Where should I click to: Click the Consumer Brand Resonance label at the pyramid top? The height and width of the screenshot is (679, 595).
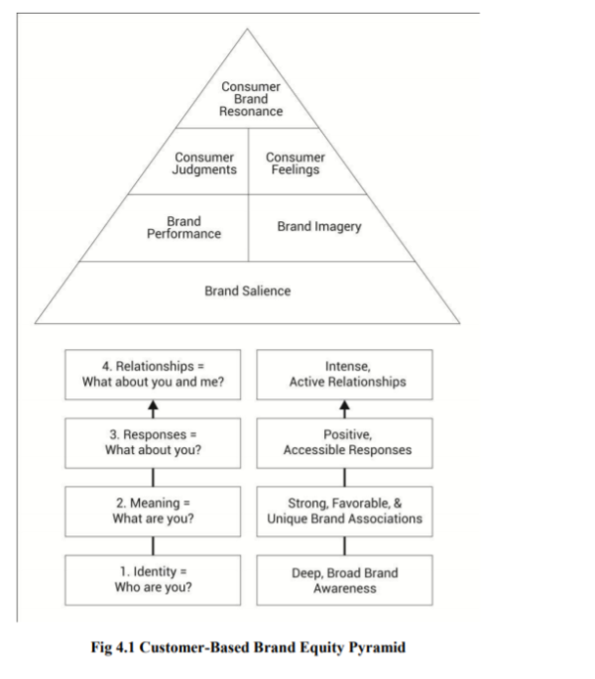[x=251, y=99]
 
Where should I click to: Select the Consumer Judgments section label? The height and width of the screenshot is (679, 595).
[x=204, y=164]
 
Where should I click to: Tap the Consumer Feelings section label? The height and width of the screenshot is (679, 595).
[x=295, y=164]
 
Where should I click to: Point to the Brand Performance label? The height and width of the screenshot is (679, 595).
[x=183, y=227]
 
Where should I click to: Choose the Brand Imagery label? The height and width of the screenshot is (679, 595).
[x=318, y=227]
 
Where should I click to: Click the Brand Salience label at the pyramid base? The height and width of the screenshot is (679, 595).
[x=248, y=290]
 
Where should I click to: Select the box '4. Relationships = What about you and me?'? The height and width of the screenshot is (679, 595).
[x=153, y=374]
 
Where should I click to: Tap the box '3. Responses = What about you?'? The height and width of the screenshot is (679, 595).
[x=153, y=442]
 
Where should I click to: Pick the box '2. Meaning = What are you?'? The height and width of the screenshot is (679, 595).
[x=153, y=509]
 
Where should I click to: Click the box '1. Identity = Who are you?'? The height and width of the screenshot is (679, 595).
[x=153, y=578]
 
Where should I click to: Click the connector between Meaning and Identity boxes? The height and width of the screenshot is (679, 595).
[x=153, y=544]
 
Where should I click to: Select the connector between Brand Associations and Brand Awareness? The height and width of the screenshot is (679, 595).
[x=345, y=544]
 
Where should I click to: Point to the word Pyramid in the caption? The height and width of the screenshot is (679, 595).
[x=375, y=647]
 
